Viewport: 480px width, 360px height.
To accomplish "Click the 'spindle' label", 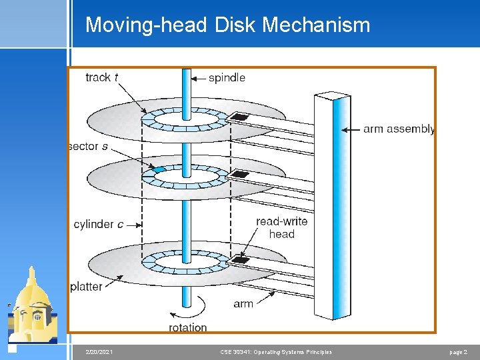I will click(227, 78).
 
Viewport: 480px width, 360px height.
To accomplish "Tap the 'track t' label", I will click(102, 77).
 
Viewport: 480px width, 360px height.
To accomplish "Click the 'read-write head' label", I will click(281, 227).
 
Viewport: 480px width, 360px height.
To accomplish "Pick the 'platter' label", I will click(87, 287).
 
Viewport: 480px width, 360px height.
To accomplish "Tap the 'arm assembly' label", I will click(399, 129).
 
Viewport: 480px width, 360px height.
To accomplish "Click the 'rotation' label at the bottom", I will click(187, 327).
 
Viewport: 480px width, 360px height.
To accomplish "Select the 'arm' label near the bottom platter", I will click(243, 303).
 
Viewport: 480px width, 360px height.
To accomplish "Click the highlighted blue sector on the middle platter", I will click(158, 171).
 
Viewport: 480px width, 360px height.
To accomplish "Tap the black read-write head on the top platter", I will click(238, 118).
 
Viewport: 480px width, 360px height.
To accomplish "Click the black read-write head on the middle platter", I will click(239, 175).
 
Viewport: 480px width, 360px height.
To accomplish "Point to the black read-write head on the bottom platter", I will click(240, 260).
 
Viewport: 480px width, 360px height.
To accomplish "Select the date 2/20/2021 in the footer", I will click(99, 351).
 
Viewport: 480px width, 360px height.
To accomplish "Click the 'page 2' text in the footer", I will click(460, 351).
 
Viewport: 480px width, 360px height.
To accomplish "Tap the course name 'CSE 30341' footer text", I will click(275, 351).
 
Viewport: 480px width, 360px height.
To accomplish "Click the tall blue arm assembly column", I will click(332, 207).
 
